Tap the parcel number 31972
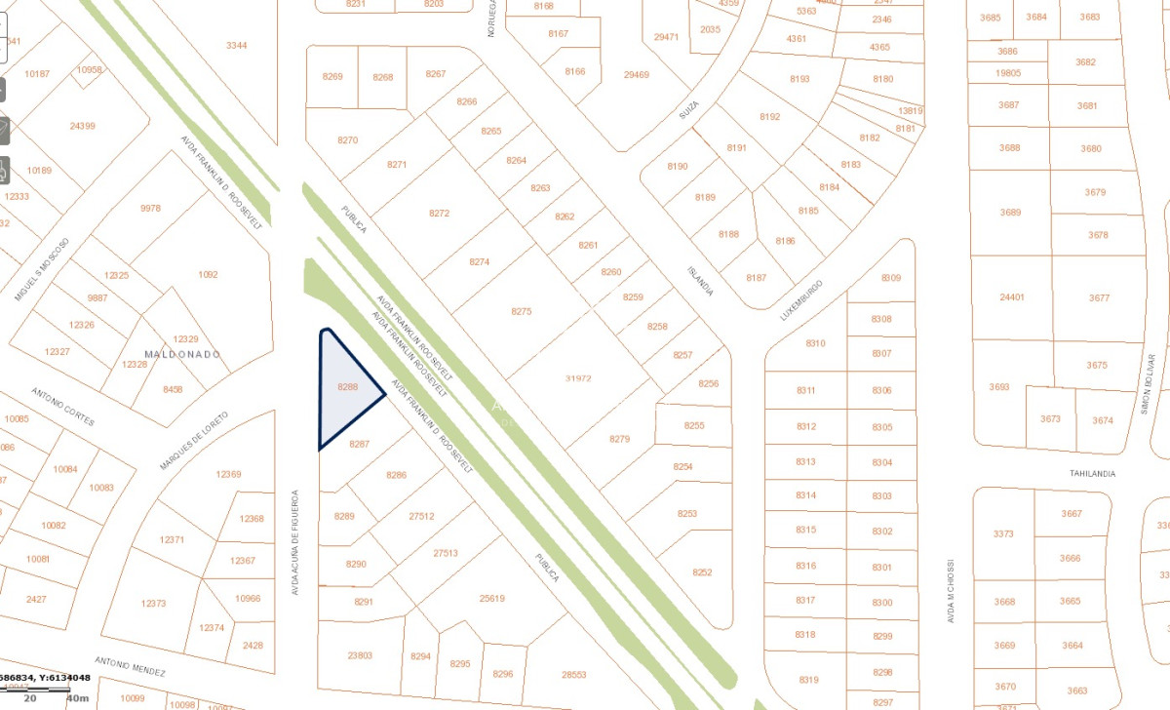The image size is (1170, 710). (x=578, y=378)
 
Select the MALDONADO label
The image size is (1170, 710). (x=181, y=353)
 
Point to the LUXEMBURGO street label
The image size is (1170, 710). (x=801, y=300)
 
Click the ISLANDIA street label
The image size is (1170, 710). (x=700, y=281)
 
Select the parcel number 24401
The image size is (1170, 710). (x=1012, y=297)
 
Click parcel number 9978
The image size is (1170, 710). (x=150, y=209)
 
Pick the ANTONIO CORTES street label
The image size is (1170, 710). (x=62, y=407)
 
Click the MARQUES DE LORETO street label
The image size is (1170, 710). (x=193, y=441)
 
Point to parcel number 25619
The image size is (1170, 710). (x=492, y=598)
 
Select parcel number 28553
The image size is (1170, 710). (x=574, y=675)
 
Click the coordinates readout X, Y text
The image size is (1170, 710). (x=45, y=678)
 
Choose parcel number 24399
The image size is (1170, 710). (x=83, y=126)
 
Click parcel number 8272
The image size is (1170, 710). (x=439, y=213)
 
